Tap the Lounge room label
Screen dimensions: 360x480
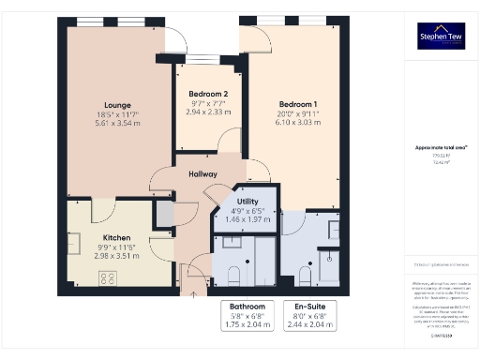(118, 104)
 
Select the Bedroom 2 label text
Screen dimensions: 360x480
(208, 94)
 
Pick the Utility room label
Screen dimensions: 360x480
(247, 201)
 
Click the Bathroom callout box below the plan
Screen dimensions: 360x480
(247, 315)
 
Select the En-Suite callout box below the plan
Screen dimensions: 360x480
(307, 315)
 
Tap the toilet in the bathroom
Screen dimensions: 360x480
(233, 275)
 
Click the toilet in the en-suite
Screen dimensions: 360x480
(305, 275)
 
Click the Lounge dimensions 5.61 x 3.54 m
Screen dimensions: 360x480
(118, 123)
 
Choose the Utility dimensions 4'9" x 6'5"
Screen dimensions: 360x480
(247, 210)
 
